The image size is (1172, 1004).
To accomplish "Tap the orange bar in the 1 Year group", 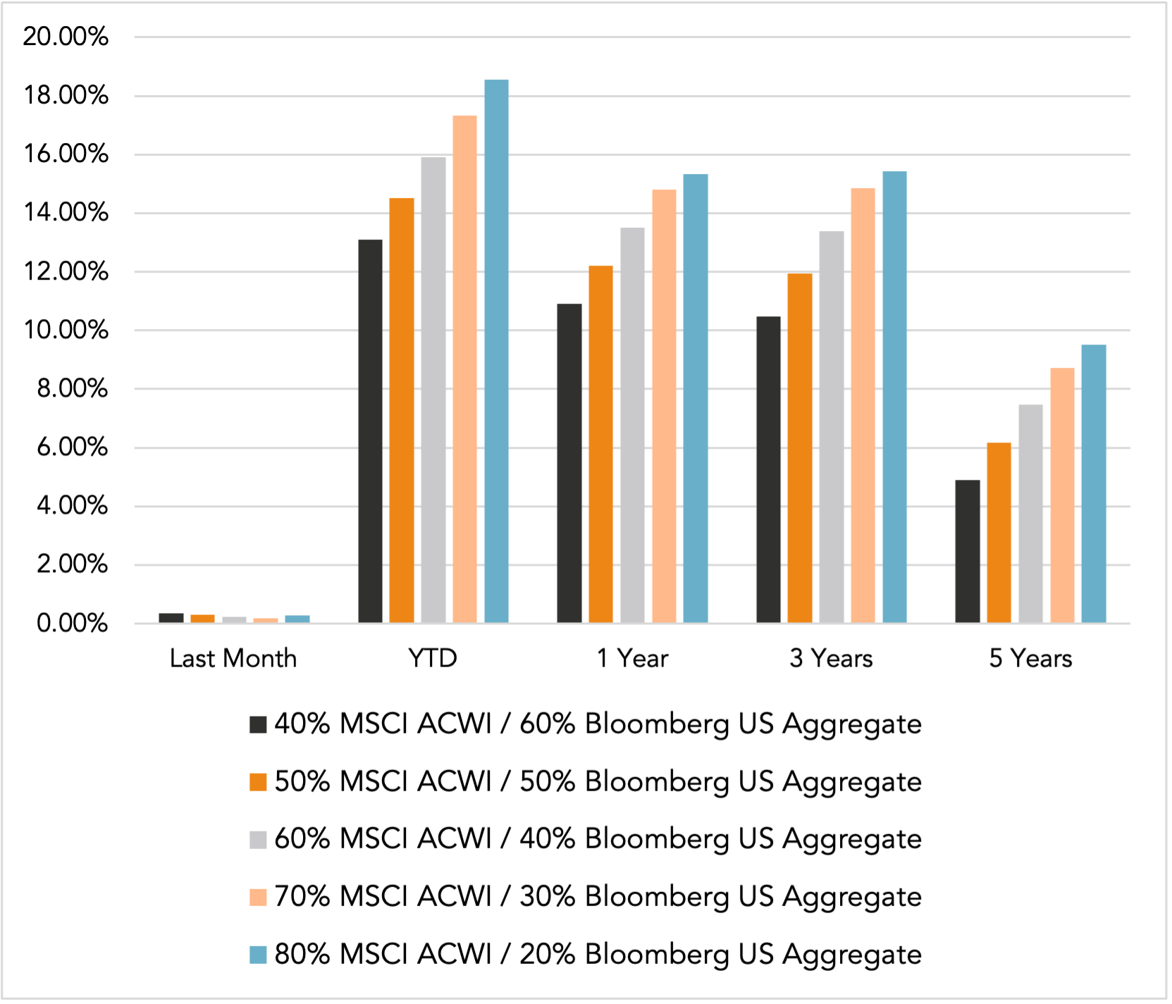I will (600, 444).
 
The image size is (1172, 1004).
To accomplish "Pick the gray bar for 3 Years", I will (832, 427).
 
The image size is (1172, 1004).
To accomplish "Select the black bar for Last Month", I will (171, 618).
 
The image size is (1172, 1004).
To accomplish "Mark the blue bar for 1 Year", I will (696, 398).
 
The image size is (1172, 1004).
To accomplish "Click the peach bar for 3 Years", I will (863, 405).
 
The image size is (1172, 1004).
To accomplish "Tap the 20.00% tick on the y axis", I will (66, 37).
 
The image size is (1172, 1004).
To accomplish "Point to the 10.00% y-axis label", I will (66, 330).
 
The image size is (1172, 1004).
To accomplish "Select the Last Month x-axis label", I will (233, 658).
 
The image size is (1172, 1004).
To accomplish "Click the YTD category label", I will (433, 658).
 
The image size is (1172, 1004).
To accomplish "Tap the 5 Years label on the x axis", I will (1030, 658).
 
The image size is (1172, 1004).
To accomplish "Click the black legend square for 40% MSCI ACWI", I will (258, 724).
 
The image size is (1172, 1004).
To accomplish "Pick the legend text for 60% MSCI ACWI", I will (598, 839).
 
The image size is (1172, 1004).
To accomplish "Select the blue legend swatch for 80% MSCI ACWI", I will (258, 955).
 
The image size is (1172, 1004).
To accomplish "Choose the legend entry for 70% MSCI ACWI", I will (598, 897).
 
